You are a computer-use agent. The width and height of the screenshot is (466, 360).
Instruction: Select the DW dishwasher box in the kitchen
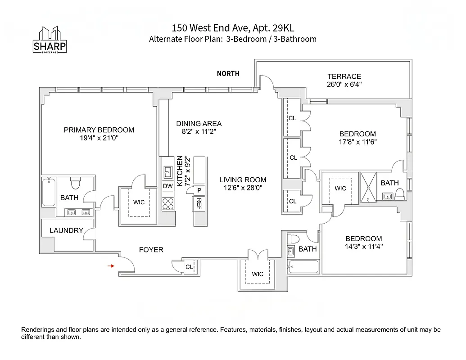167,186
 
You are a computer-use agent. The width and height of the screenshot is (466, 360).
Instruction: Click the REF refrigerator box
199,204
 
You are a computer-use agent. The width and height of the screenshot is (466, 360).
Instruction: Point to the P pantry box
199,190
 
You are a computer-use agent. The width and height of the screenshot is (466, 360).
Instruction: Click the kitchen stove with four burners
167,204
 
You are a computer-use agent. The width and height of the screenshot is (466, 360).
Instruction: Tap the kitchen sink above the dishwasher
167,171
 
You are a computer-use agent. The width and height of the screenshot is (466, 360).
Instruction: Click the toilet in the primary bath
75,183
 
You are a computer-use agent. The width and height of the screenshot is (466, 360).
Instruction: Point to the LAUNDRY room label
66,230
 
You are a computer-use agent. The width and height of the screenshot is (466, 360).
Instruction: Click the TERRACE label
344,76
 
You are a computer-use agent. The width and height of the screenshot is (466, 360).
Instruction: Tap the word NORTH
228,74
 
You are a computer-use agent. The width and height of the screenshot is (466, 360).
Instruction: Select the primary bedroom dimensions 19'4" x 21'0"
99,138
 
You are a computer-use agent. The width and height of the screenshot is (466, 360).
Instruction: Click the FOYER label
151,249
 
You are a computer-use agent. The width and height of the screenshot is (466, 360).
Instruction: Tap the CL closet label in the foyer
189,267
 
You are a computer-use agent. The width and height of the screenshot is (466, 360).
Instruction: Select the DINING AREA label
199,124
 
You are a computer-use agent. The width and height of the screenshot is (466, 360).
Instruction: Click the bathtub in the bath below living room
303,267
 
